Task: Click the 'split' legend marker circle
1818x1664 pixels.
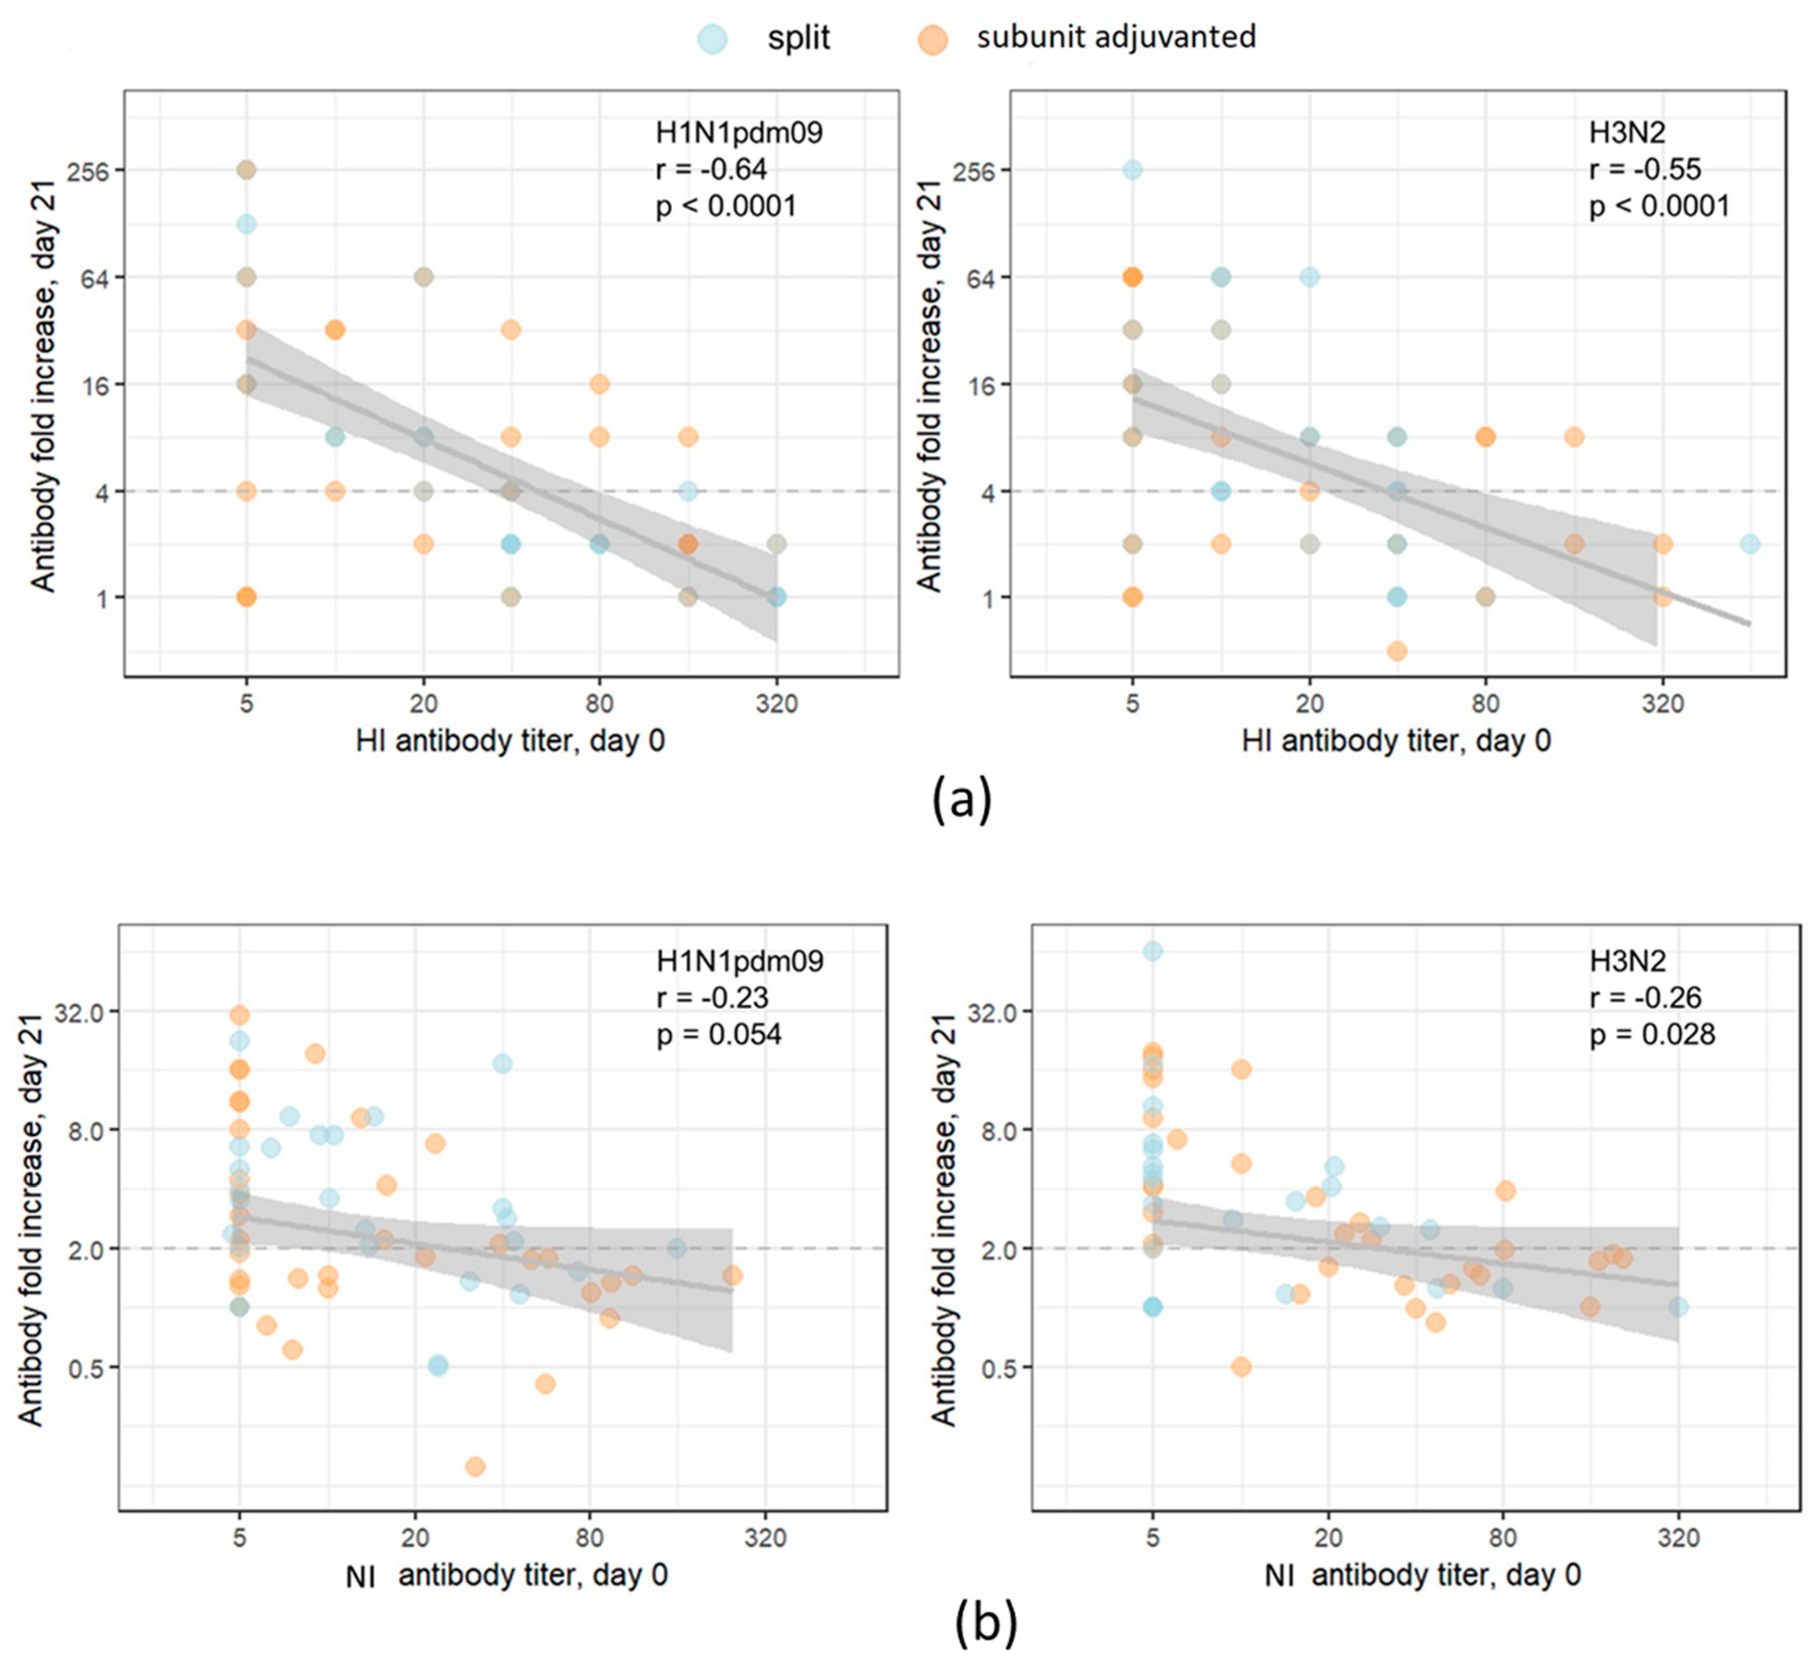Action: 712,39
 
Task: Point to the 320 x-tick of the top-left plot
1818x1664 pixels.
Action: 777,702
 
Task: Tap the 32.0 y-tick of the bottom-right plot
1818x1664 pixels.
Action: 992,1012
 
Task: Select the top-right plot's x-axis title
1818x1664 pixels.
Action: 1396,741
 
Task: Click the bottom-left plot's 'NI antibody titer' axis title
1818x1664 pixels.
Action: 507,1576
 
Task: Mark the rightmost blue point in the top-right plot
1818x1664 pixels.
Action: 1750,544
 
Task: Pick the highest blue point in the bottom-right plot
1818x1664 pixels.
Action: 1152,950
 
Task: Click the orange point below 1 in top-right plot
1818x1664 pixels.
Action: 1396,650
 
